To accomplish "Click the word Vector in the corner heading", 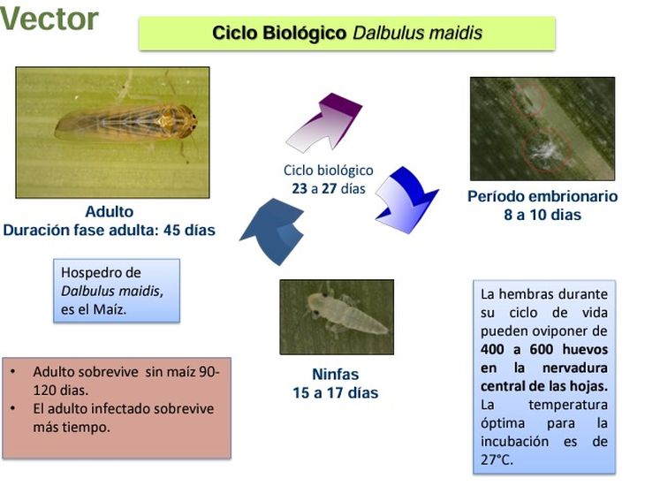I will pos(49,19).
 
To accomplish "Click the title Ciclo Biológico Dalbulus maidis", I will pos(346,34).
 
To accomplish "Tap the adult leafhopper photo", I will pos(112,132).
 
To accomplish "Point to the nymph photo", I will pos(336,317).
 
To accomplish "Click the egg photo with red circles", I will pos(542,128).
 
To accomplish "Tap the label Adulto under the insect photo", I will pos(110,212).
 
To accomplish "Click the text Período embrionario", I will pos(543,196).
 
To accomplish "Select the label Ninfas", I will pos(335,374).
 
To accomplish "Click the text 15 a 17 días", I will pos(336,392).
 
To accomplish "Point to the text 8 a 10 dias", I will pos(543,215).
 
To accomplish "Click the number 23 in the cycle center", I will pos(300,188).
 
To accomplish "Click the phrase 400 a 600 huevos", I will pos(543,349).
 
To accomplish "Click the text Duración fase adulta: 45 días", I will pos(110,231).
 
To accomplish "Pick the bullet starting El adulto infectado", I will pos(123,417).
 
